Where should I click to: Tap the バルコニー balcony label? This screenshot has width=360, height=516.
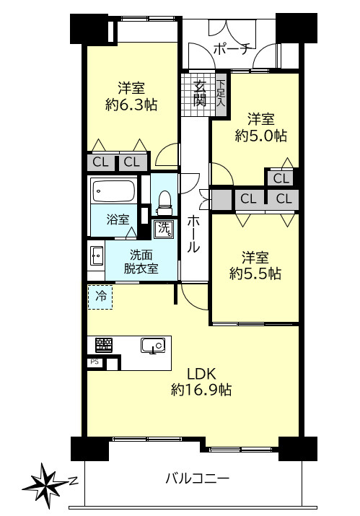pyautogui.click(x=197, y=478)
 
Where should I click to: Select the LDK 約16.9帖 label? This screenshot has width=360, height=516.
pyautogui.click(x=201, y=382)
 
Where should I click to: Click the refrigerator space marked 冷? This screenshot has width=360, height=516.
pyautogui.click(x=100, y=297)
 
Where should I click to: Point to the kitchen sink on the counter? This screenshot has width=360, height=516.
pyautogui.click(x=153, y=346)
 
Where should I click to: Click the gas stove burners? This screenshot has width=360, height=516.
pyautogui.click(x=104, y=344)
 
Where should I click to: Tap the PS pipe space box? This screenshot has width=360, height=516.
pyautogui.click(x=95, y=362)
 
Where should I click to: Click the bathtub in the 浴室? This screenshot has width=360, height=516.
pyautogui.click(x=113, y=191)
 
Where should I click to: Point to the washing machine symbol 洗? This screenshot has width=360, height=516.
pyautogui.click(x=164, y=228)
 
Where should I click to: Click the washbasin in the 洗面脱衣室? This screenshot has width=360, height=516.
pyautogui.click(x=97, y=255)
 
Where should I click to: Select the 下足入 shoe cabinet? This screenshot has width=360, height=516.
pyautogui.click(x=221, y=94)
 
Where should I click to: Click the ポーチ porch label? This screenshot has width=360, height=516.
pyautogui.click(x=232, y=49)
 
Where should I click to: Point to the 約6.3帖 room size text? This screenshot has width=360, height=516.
pyautogui.click(x=131, y=105)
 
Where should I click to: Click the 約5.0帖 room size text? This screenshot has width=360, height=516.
pyautogui.click(x=261, y=136)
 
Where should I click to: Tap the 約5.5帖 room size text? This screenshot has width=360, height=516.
pyautogui.click(x=255, y=274)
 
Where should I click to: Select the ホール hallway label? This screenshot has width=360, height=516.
pyautogui.click(x=193, y=234)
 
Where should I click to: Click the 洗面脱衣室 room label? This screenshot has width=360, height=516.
pyautogui.click(x=141, y=262)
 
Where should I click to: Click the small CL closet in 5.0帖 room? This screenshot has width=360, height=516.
pyautogui.click(x=281, y=178)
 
